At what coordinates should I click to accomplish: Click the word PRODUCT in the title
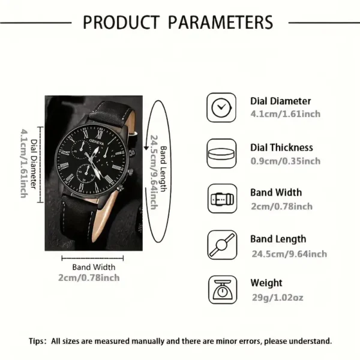(x=121, y=22)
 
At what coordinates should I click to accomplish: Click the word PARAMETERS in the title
(x=220, y=22)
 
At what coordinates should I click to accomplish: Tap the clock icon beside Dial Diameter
(x=221, y=107)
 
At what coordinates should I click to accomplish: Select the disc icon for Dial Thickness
(x=221, y=154)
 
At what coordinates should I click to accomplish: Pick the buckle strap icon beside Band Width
(x=222, y=199)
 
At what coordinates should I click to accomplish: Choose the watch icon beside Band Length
(x=222, y=245)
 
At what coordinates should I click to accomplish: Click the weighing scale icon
(x=223, y=290)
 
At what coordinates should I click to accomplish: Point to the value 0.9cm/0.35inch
(x=286, y=161)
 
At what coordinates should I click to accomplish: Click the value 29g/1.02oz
(x=278, y=298)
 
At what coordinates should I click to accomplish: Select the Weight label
(x=266, y=283)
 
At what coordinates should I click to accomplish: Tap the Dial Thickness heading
(x=281, y=148)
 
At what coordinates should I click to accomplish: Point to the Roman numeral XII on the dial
(x=99, y=134)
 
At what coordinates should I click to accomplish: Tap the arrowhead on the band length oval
(x=146, y=148)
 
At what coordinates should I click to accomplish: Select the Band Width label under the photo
(x=94, y=267)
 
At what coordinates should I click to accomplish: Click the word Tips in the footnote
(x=36, y=341)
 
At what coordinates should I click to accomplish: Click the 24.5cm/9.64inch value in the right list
(x=289, y=254)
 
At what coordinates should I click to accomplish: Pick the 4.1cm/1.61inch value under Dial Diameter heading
(x=286, y=114)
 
